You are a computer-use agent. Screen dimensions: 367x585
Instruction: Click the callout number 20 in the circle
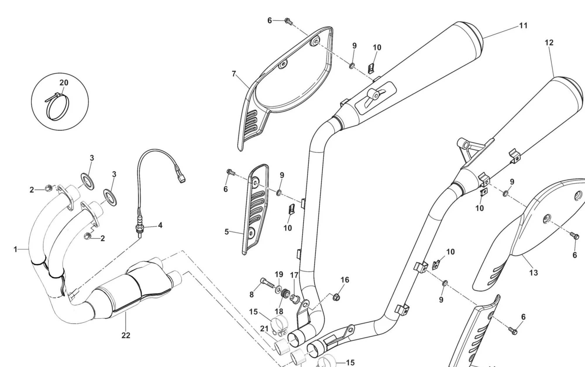[64, 83]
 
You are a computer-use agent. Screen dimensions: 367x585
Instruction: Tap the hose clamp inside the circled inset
[58, 107]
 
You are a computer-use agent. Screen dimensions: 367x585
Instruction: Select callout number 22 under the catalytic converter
[126, 335]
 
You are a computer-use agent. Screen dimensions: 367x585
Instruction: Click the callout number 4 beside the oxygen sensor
[160, 225]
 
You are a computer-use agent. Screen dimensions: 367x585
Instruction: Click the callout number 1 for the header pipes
[15, 249]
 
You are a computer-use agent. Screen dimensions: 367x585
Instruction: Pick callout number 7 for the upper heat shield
[234, 74]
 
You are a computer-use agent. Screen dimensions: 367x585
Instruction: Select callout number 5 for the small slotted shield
[227, 232]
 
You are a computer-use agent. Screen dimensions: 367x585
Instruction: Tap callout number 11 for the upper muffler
[523, 26]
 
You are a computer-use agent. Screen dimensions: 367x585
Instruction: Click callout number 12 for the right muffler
[549, 43]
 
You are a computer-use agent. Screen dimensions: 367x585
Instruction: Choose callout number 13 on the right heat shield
[534, 273]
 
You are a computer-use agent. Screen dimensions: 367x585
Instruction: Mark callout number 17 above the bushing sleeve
[294, 275]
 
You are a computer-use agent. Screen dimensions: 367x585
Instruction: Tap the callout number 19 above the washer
[279, 274]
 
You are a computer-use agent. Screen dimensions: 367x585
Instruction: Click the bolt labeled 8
[266, 283]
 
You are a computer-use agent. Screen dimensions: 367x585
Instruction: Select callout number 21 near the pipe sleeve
[264, 329]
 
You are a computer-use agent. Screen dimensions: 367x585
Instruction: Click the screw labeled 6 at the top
[288, 21]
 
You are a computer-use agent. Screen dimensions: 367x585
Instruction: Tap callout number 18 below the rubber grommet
[279, 311]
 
